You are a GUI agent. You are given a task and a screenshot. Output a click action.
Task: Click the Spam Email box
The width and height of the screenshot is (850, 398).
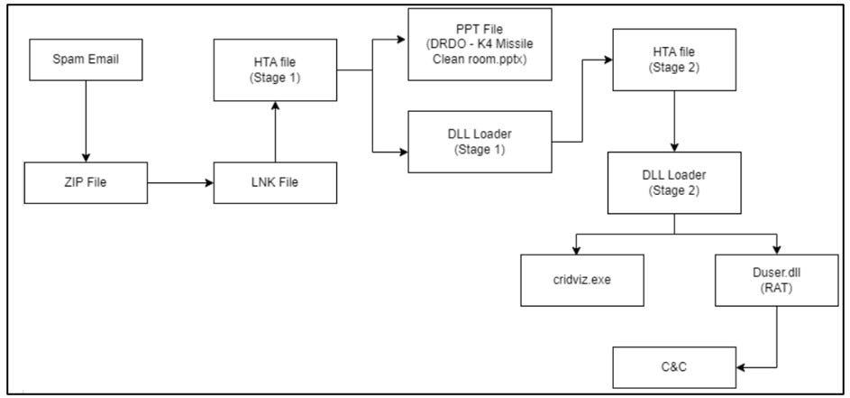[86, 60]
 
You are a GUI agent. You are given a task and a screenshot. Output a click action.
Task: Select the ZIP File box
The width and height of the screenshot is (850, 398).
[86, 182]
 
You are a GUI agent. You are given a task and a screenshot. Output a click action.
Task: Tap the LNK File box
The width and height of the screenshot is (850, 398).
[276, 182]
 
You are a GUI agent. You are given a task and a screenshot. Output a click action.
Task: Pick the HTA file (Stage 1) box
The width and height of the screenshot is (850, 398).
[276, 70]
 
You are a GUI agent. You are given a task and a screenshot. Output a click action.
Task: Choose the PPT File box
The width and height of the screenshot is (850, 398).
[480, 44]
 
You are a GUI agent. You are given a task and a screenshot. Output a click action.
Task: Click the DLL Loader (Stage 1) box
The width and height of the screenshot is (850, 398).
[480, 142]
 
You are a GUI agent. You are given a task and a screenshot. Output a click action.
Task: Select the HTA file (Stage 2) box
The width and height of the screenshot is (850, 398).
[674, 60]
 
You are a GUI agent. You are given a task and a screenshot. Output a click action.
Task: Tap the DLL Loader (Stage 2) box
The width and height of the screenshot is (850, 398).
[674, 182]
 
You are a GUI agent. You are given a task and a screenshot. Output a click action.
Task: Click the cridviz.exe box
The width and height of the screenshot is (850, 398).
[583, 280]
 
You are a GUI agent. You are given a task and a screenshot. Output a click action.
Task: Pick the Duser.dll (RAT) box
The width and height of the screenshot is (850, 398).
[777, 280]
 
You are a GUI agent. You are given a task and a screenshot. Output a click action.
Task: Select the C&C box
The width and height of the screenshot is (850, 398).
[674, 367]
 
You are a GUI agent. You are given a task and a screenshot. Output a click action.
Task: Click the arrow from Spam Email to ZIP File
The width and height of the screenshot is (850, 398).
[86, 122]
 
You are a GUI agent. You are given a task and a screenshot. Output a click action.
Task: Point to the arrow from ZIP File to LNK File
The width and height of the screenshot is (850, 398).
[180, 183]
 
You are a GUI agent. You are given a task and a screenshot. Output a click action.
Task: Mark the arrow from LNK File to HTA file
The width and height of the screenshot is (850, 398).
[276, 132]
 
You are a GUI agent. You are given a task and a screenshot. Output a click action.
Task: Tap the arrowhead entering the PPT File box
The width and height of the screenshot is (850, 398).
[403, 39]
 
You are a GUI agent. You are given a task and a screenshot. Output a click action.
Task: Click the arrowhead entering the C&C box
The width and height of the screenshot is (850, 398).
[741, 367]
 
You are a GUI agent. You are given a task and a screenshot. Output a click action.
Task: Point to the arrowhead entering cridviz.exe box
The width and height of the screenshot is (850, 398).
[577, 249]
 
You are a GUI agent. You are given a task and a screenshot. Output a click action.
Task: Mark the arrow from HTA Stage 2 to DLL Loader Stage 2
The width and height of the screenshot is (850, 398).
[674, 121]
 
